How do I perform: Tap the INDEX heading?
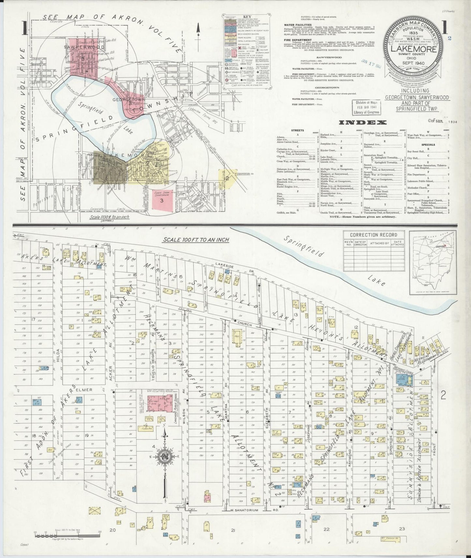click(x=363, y=123)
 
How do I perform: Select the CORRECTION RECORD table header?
click(x=374, y=235)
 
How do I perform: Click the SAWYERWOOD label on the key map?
click(x=84, y=47)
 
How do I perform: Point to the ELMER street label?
click(x=84, y=389)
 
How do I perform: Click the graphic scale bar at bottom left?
click(x=67, y=535)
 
